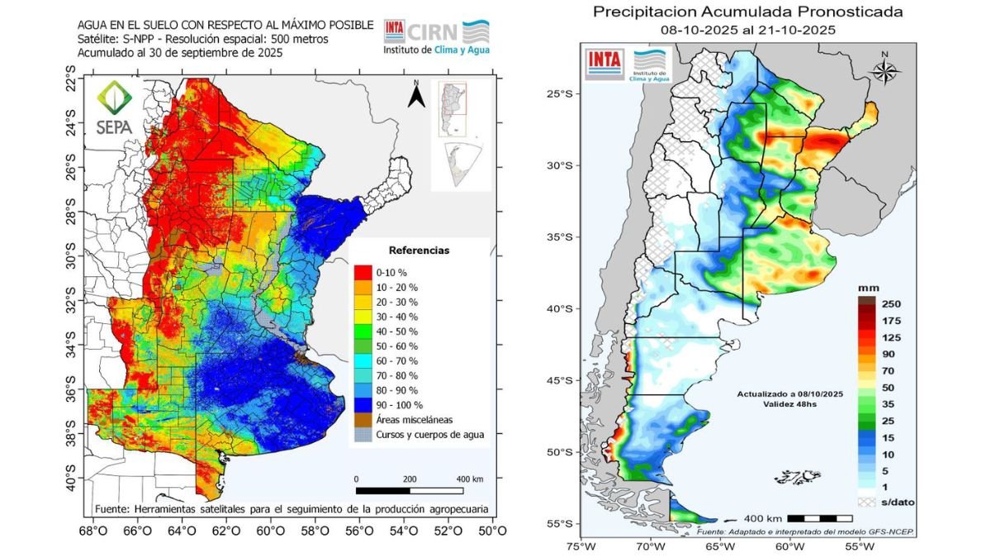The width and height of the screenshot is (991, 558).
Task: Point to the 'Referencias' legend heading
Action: click(x=419, y=250)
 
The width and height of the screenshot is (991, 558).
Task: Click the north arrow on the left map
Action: click(x=417, y=96)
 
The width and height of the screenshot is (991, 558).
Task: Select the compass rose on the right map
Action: click(x=884, y=69)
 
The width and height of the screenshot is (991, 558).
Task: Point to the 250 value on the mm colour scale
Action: click(x=891, y=303)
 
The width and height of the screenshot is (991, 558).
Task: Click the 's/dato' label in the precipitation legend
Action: click(x=897, y=502)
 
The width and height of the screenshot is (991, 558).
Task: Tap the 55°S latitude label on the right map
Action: click(x=562, y=523)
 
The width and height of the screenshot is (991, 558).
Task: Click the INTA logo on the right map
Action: click(x=605, y=64)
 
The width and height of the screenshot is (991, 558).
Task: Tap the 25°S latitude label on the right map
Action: click(x=562, y=93)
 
